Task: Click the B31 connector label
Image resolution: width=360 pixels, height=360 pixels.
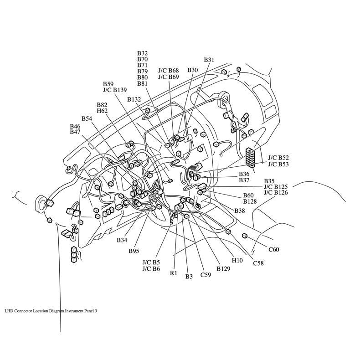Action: click(209, 60)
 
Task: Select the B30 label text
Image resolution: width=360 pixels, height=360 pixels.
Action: click(192, 70)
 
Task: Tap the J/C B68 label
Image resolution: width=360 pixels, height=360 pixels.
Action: click(168, 71)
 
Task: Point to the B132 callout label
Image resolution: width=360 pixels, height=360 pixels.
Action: click(134, 99)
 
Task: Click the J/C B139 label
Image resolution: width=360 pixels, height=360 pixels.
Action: click(114, 90)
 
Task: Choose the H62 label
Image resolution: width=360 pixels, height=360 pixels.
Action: click(102, 111)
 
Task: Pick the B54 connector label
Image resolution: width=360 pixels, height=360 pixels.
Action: click(87, 118)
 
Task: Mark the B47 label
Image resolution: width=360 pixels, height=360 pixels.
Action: click(75, 132)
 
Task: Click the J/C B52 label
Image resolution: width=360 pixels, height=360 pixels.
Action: click(278, 157)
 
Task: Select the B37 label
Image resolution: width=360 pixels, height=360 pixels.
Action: click(244, 180)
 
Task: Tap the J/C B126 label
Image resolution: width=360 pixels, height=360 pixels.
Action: click(276, 193)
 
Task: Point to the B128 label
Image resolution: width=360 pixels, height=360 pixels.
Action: click(250, 201)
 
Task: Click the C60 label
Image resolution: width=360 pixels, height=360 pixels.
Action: click(273, 249)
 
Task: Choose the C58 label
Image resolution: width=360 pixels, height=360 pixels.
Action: click(258, 263)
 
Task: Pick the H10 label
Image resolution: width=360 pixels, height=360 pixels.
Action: click(237, 261)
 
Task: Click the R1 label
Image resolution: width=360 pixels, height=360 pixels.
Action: click(173, 273)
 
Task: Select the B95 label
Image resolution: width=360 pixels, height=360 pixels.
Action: click(134, 251)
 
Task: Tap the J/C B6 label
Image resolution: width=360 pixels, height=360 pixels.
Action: click(151, 269)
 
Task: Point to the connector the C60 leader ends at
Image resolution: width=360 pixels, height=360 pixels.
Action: click(245, 236)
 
